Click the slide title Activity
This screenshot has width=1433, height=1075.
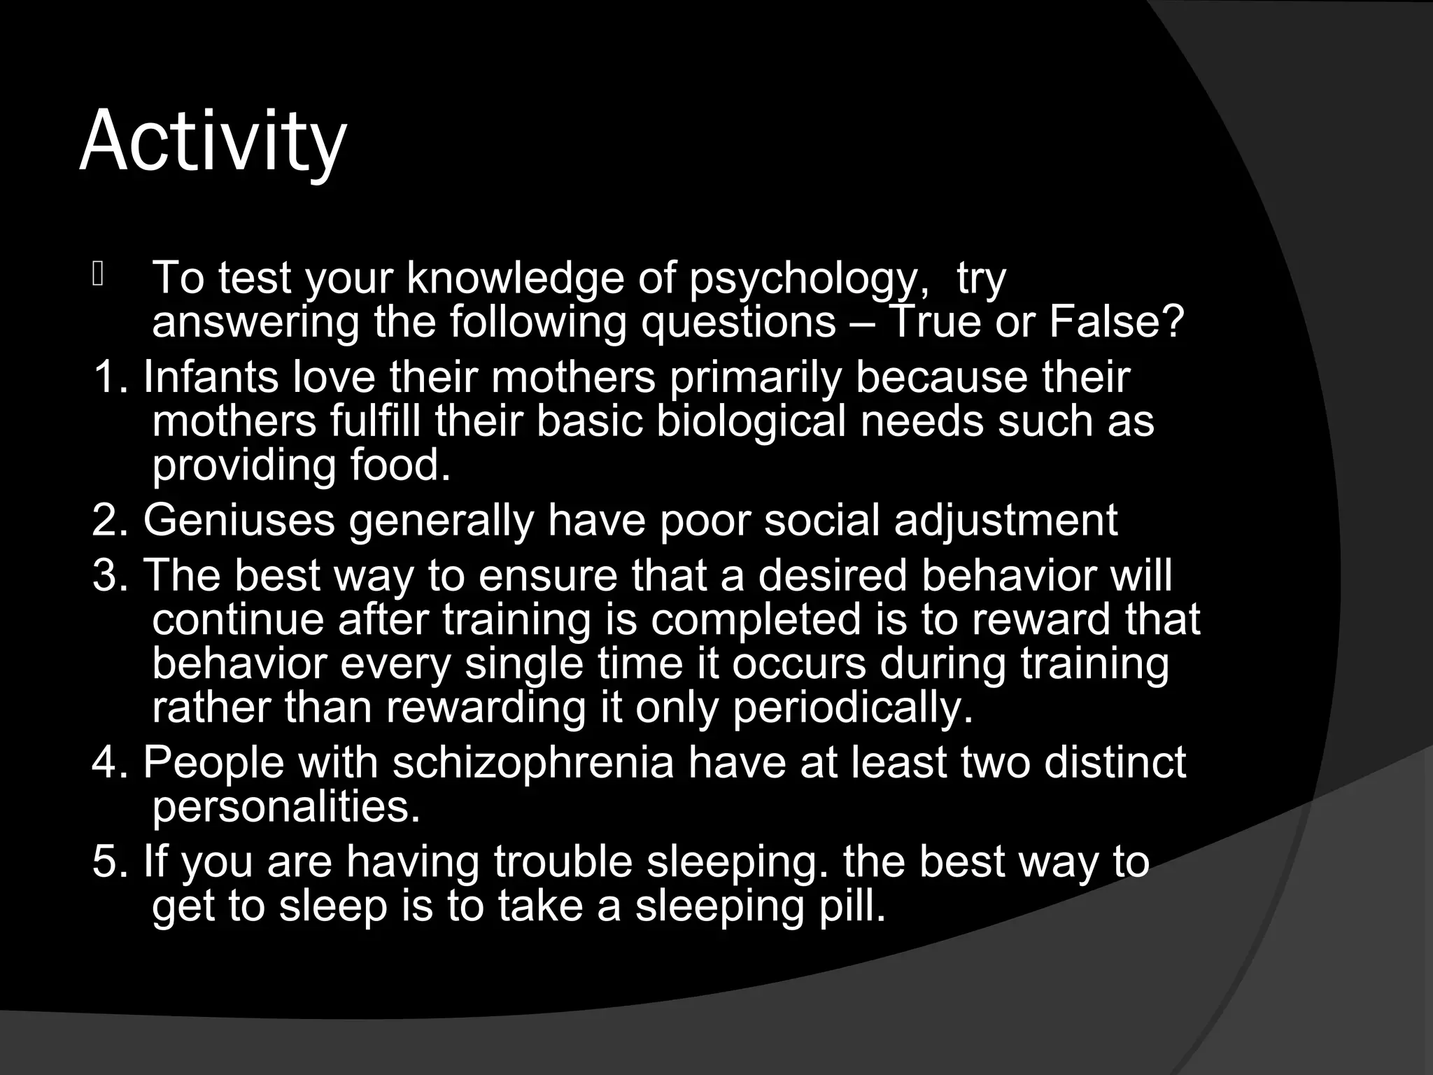click(213, 142)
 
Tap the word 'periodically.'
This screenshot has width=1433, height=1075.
click(853, 708)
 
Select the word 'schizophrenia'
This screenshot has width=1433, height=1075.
click(533, 762)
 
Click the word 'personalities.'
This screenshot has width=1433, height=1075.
click(286, 807)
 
